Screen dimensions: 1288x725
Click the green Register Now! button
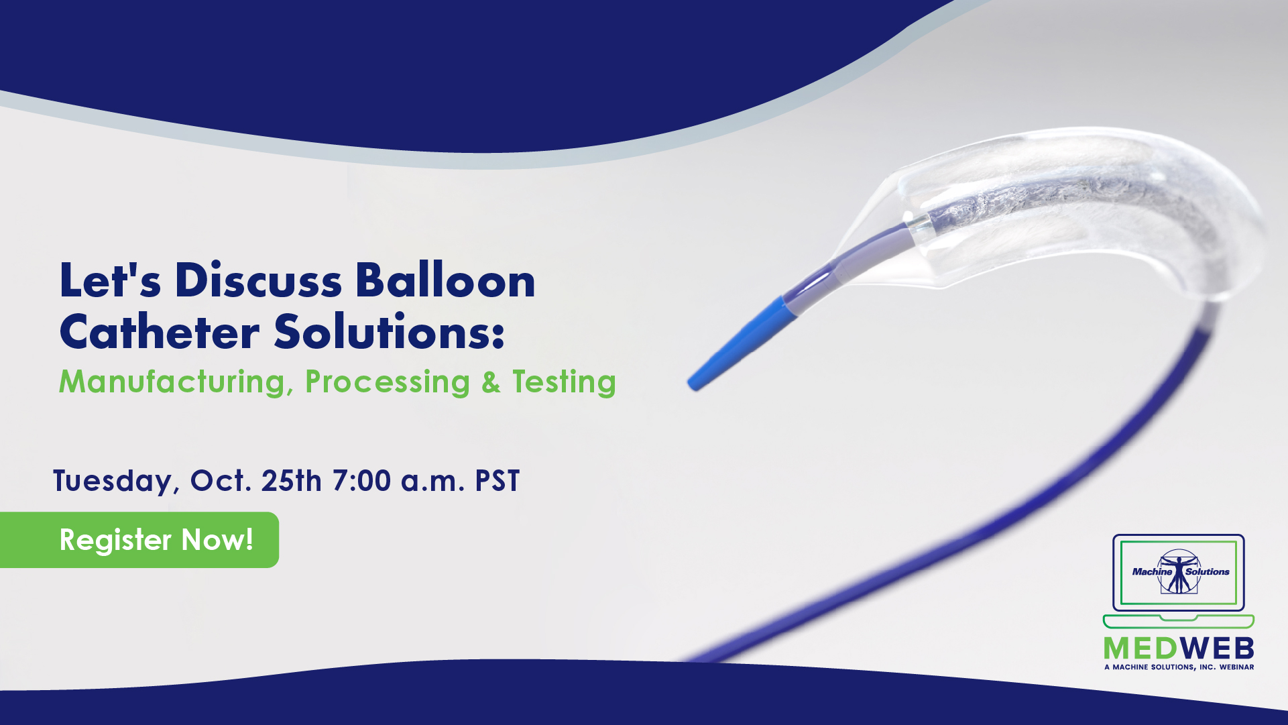(139, 540)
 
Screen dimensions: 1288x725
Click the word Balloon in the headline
(445, 280)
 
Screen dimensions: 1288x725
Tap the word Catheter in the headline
(160, 332)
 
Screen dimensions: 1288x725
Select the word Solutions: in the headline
(389, 332)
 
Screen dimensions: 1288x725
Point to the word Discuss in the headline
(259, 280)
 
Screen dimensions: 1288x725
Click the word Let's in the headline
(111, 280)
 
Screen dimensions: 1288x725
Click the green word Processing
(388, 382)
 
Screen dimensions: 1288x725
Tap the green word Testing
(564, 382)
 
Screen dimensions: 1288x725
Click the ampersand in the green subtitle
(491, 382)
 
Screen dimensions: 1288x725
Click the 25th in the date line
(292, 481)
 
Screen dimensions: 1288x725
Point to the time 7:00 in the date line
(361, 481)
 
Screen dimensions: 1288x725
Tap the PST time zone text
(497, 481)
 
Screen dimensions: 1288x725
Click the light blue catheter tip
(742, 342)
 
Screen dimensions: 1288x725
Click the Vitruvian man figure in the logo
(1179, 571)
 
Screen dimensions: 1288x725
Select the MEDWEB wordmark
(1179, 648)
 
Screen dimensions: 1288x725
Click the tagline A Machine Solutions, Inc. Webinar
(1179, 667)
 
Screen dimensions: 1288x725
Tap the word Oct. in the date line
(221, 481)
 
